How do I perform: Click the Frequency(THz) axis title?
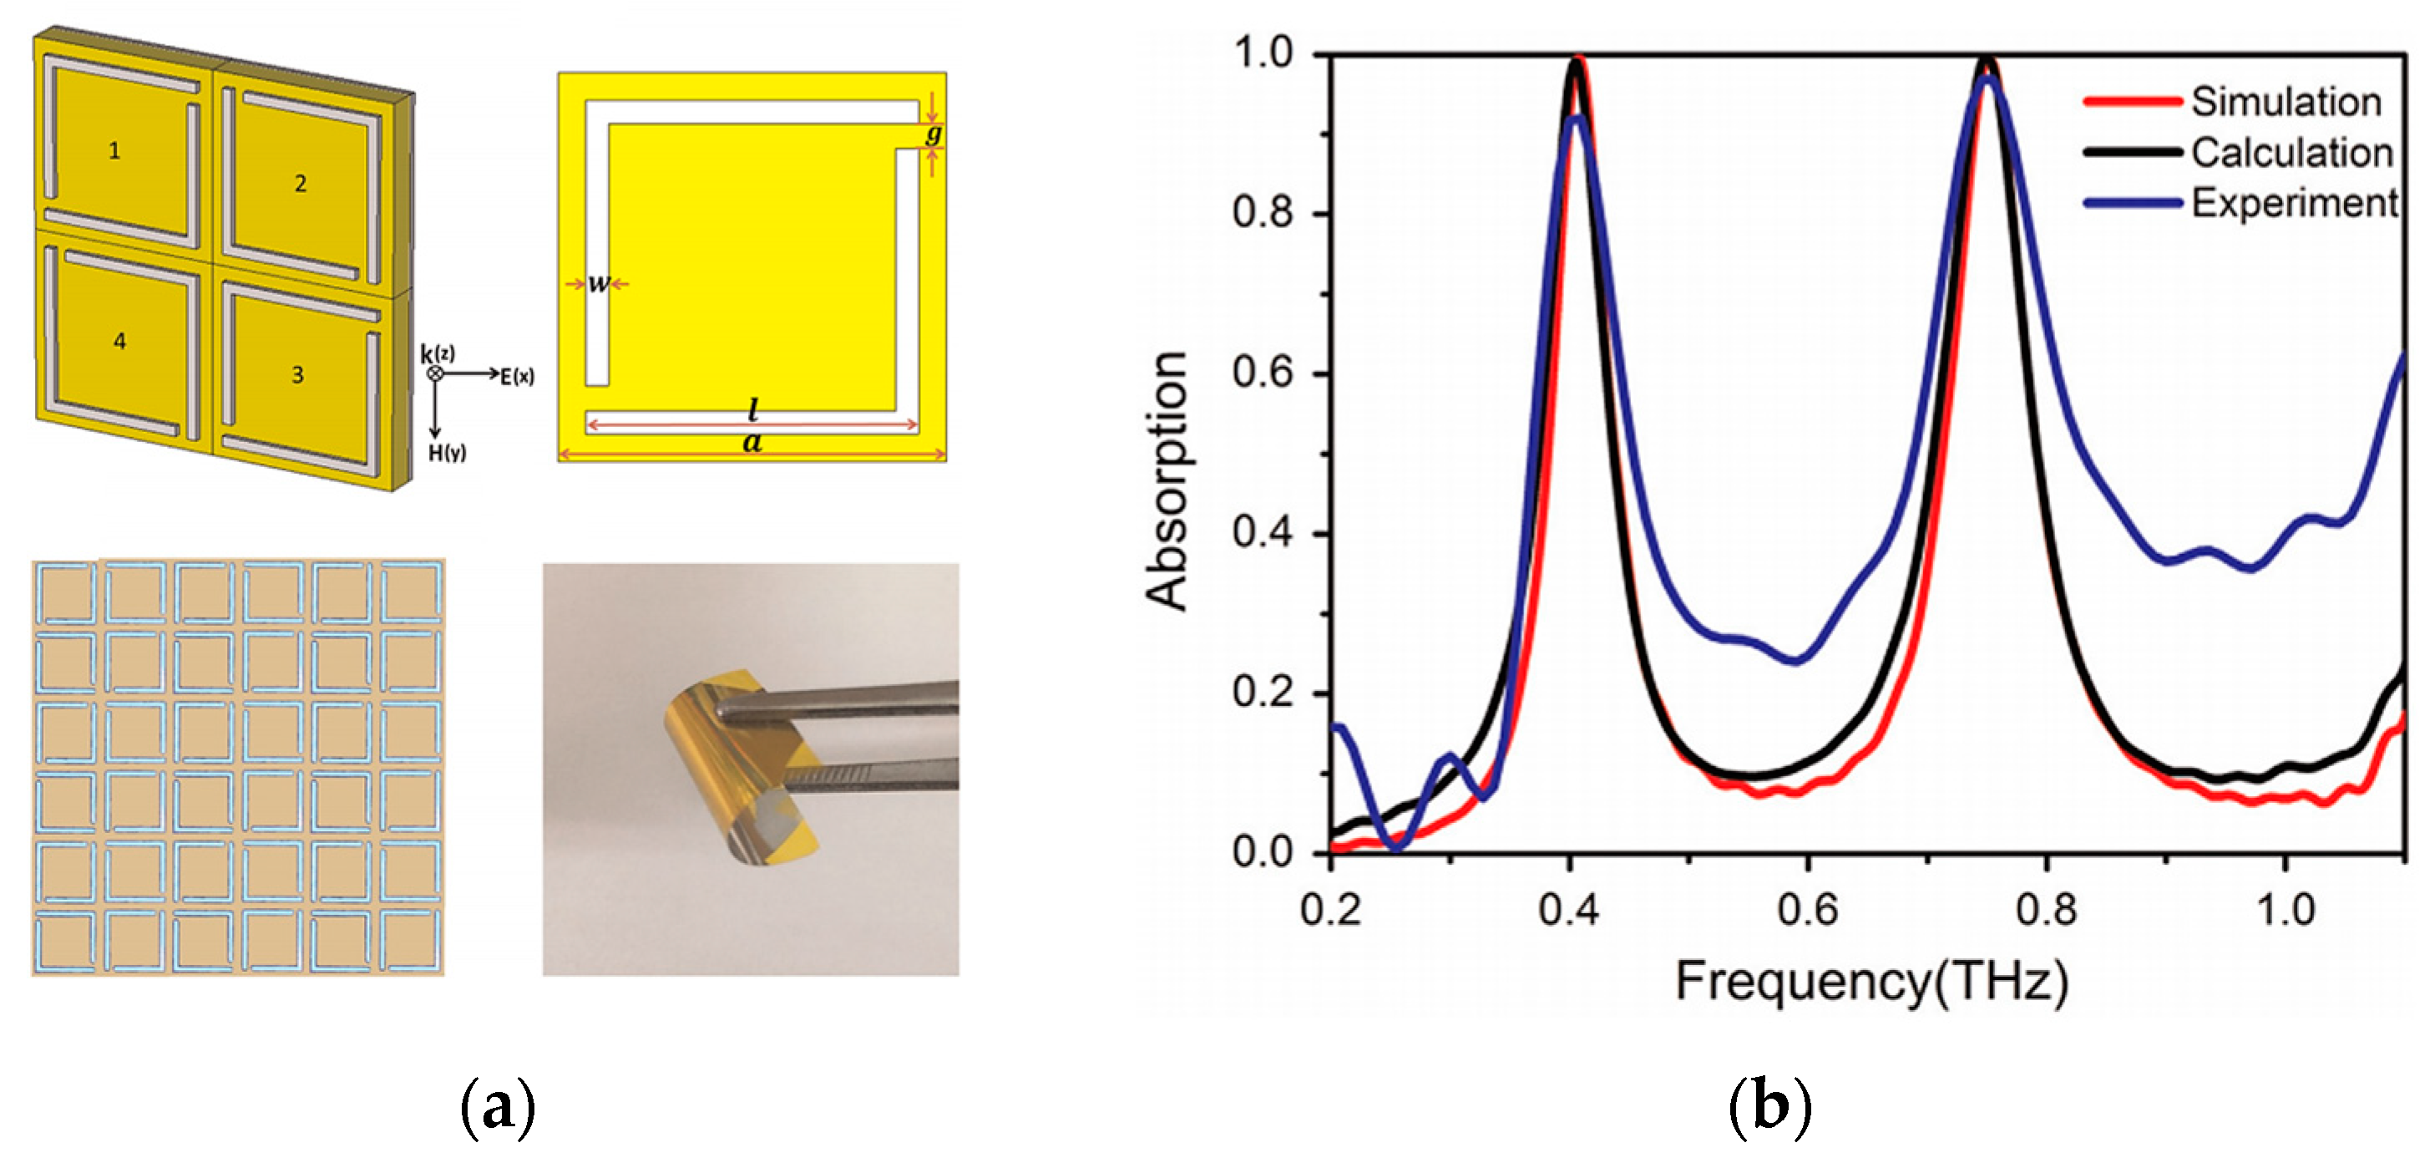pos(1871,982)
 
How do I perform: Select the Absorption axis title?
pos(1166,481)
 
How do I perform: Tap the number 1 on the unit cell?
pos(114,150)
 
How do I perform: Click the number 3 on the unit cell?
pos(297,374)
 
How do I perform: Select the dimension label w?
pos(598,283)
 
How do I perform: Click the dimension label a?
pos(752,442)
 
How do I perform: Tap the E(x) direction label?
pos(516,377)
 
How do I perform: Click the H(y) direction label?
pos(447,453)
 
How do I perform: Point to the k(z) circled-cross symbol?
pos(435,373)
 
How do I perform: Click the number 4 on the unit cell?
pos(119,341)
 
